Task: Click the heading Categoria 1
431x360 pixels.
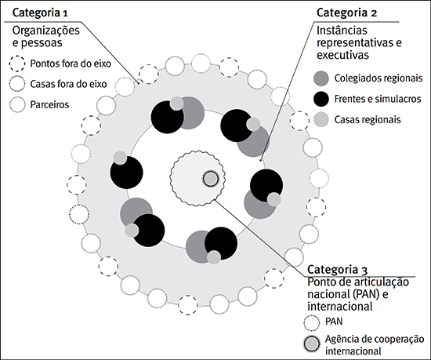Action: [38, 14]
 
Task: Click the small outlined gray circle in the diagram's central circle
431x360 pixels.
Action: [209, 179]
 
